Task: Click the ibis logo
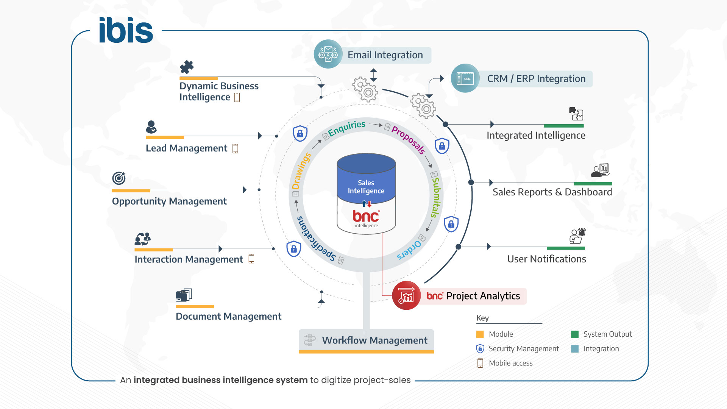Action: point(126,30)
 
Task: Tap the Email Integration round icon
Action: point(328,54)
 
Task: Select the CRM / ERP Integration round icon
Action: point(465,78)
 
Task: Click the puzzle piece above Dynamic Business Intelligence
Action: point(187,67)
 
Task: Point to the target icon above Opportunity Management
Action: point(119,178)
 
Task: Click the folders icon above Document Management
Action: point(184,295)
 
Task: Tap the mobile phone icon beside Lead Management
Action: point(235,148)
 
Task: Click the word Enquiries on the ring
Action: point(346,128)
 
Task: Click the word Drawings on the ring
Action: point(301,171)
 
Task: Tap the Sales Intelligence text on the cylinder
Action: point(366,187)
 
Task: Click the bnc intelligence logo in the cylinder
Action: point(366,218)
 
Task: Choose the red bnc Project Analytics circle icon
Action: point(406,295)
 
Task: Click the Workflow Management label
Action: point(374,340)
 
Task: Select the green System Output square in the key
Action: point(574,334)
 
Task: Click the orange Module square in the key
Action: point(480,334)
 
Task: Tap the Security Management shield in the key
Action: point(480,348)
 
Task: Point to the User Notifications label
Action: point(546,259)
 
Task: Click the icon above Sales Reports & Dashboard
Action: point(601,170)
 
